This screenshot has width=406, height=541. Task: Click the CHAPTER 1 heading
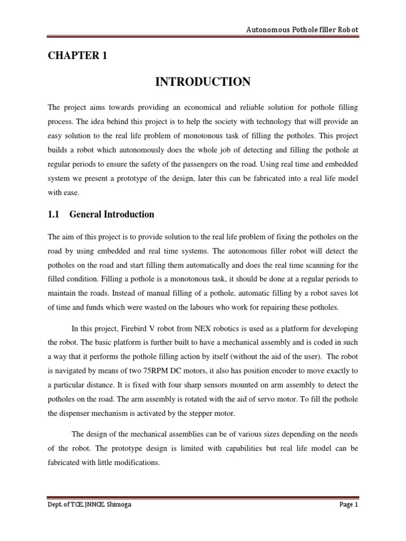77,56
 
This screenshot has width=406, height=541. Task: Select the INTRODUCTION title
202,82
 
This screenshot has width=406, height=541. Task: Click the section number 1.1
55,214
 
